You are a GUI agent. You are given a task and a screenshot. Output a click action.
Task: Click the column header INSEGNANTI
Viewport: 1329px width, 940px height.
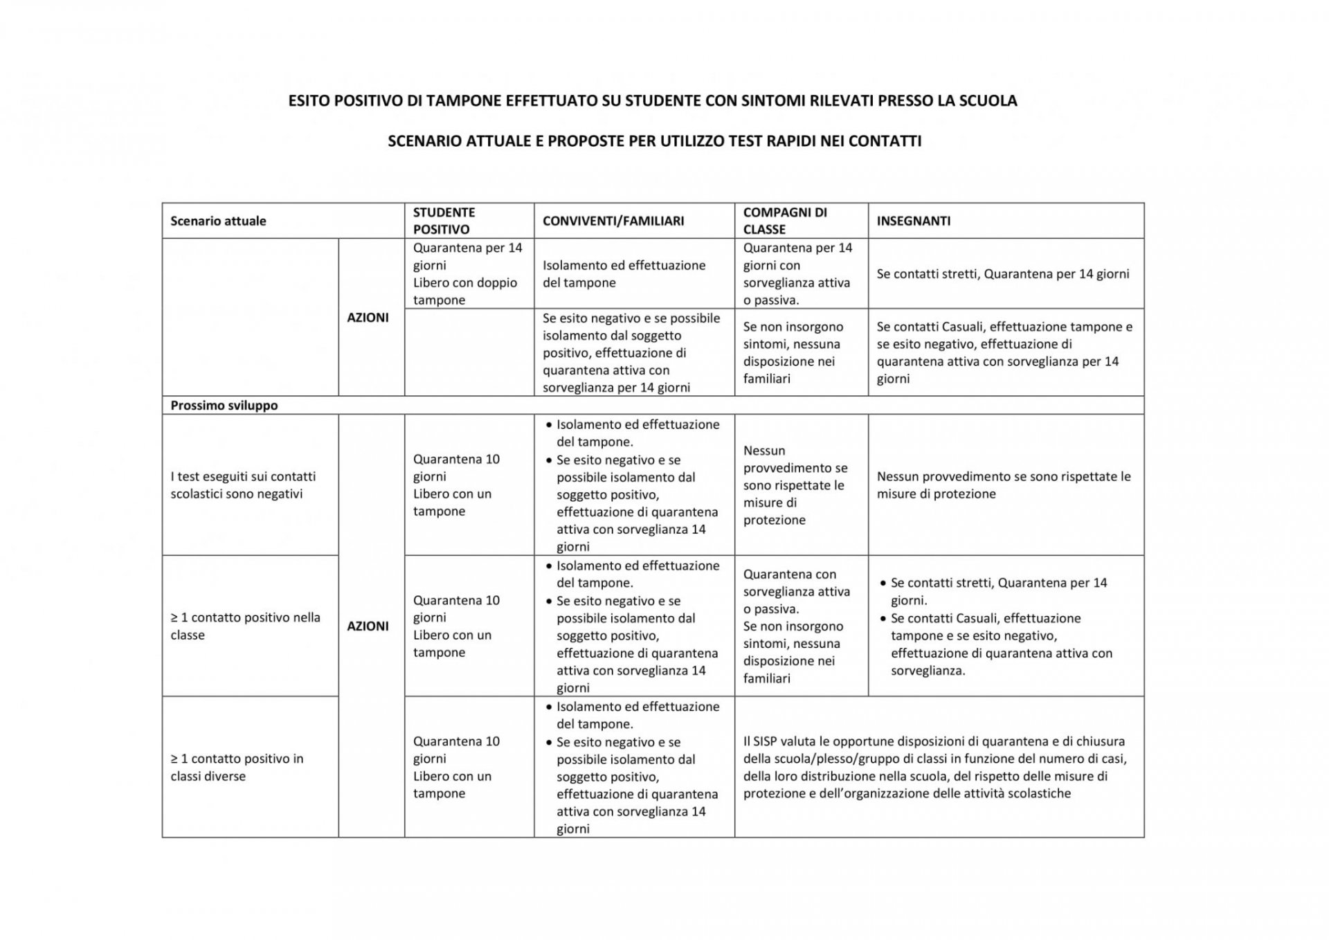[x=913, y=221]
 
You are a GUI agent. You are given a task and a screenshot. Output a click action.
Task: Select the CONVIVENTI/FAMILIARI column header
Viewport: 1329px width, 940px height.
[x=613, y=221]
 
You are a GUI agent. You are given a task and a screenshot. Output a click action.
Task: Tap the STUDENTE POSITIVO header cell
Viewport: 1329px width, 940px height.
[x=444, y=221]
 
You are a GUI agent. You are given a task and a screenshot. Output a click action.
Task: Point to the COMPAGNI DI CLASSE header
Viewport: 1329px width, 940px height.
[x=784, y=221]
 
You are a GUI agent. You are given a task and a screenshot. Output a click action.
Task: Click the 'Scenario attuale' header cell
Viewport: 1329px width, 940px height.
[x=218, y=221]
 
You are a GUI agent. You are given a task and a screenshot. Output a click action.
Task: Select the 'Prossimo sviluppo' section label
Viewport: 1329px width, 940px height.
[x=224, y=405]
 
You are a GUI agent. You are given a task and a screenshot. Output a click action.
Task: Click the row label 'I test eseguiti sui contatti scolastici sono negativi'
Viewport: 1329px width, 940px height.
[x=243, y=485]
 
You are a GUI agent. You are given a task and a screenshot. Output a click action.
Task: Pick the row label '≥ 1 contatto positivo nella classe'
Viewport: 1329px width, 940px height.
[x=245, y=626]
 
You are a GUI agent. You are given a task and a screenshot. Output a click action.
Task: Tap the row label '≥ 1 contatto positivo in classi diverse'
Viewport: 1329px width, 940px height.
[x=237, y=767]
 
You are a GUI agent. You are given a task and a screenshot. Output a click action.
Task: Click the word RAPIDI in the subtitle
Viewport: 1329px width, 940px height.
[x=790, y=141]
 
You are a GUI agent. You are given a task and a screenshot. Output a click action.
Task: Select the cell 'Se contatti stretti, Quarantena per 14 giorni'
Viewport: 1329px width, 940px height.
[x=1002, y=273]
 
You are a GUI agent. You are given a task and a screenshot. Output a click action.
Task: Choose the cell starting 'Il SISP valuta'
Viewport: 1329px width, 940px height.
[x=934, y=767]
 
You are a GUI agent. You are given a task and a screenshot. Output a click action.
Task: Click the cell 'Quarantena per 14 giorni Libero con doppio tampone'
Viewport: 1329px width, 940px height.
[x=467, y=273]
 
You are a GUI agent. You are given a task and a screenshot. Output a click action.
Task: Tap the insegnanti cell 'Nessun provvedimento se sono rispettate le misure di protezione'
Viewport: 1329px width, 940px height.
[x=1003, y=485]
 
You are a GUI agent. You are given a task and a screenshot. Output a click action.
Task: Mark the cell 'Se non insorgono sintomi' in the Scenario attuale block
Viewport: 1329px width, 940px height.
[x=793, y=352]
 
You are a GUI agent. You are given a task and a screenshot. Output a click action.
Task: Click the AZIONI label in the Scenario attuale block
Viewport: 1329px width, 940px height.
[x=368, y=317]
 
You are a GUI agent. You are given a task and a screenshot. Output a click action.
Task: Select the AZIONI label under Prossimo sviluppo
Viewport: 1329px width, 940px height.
[x=368, y=626]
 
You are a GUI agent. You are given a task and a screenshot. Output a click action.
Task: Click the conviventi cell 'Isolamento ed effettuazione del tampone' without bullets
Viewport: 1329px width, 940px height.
[x=624, y=273]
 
